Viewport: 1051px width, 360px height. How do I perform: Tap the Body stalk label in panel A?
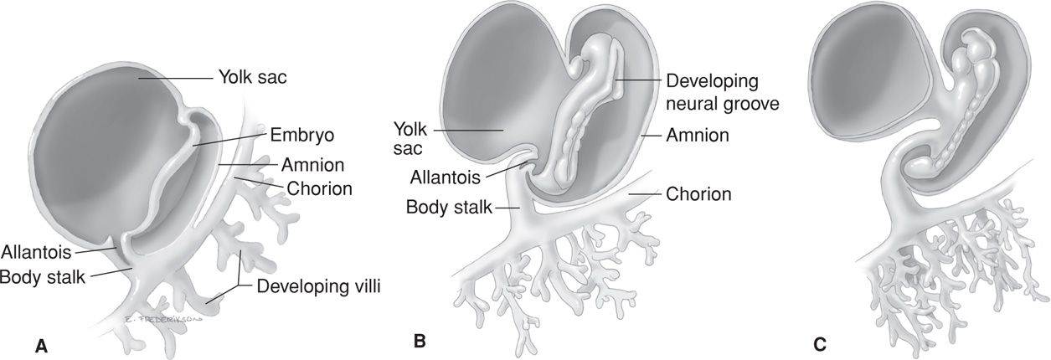click(43, 275)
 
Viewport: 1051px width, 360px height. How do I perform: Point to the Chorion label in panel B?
click(698, 194)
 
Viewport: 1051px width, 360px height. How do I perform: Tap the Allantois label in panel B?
click(445, 177)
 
